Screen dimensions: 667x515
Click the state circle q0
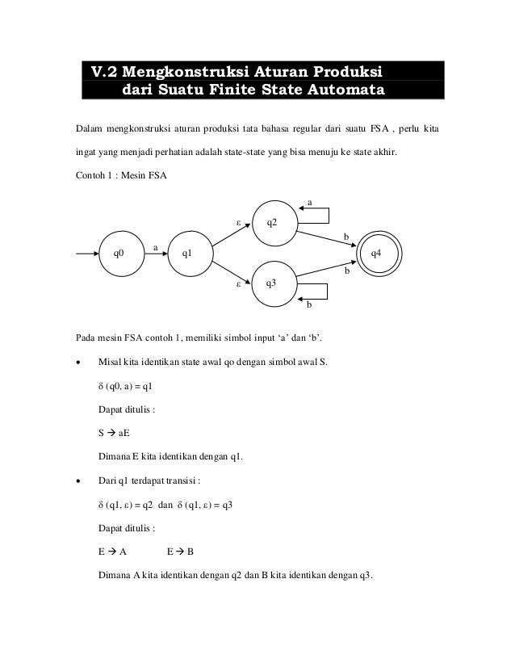119,254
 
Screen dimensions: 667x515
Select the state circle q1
186,254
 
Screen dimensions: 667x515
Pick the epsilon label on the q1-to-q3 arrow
237,283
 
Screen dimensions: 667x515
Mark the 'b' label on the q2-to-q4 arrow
347,237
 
